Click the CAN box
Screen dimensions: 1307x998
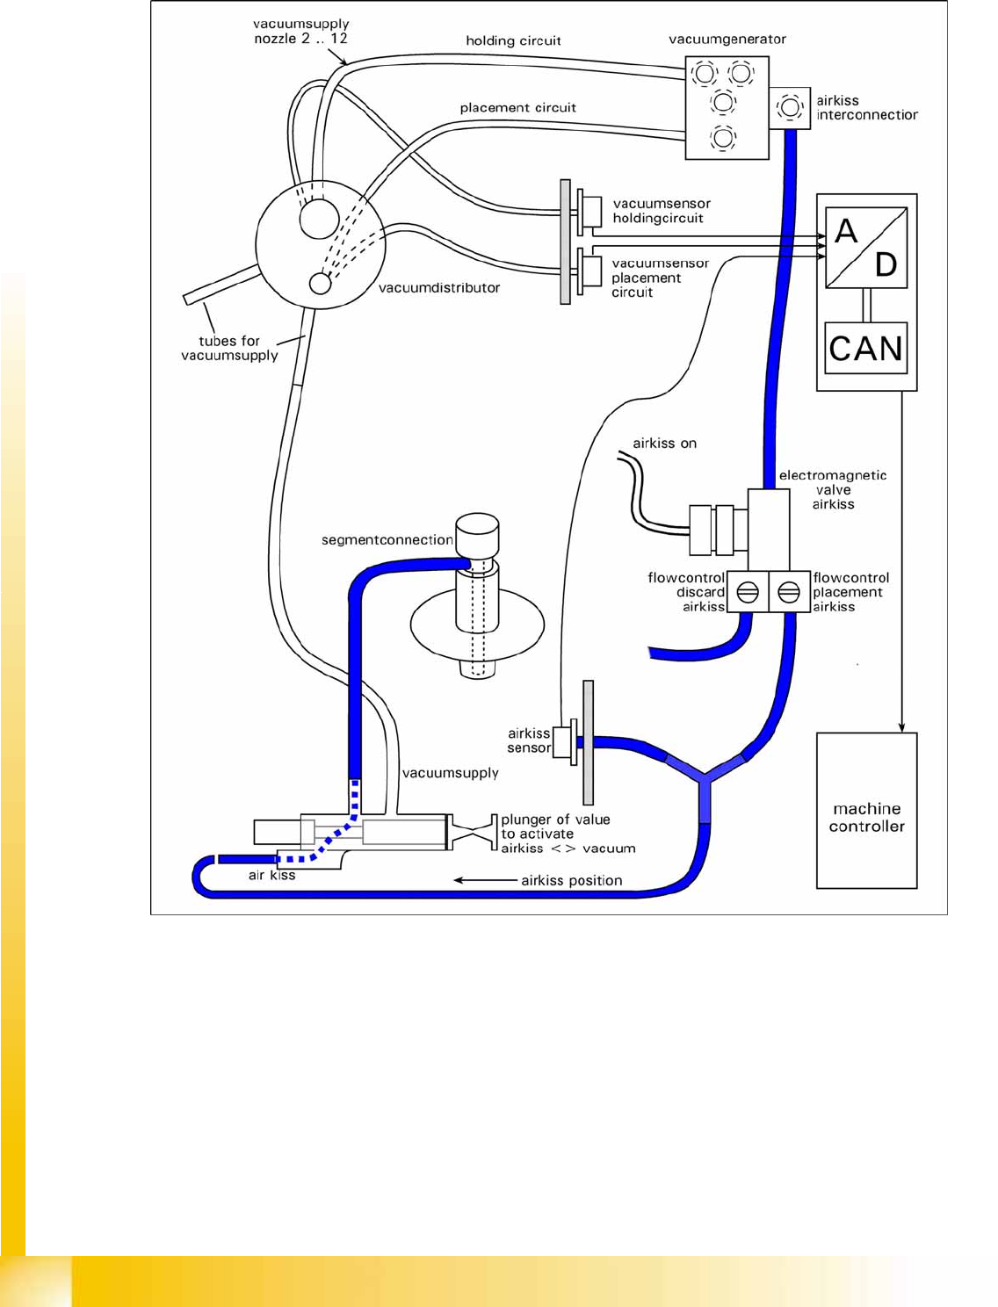(x=866, y=348)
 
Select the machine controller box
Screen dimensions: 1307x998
(x=866, y=811)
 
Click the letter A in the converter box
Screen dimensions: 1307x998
(x=845, y=232)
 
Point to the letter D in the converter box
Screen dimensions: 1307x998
(x=886, y=264)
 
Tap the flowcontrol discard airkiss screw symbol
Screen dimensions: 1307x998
(x=748, y=592)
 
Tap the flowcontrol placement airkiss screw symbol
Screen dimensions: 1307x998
(x=789, y=592)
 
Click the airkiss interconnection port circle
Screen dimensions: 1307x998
(x=790, y=108)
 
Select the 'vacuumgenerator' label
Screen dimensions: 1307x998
(x=727, y=40)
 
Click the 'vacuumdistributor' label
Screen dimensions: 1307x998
(x=438, y=288)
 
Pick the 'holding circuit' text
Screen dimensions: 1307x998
(x=513, y=40)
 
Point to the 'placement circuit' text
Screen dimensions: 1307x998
(x=517, y=108)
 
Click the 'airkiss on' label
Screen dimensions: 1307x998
(x=664, y=444)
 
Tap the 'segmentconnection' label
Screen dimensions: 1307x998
(x=387, y=540)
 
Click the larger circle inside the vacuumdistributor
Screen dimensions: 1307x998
(x=319, y=219)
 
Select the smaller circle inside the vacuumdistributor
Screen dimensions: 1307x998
(x=321, y=284)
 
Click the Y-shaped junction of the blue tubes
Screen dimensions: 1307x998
(x=705, y=776)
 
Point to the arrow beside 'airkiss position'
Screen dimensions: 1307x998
(x=484, y=880)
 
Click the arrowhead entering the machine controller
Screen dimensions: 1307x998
(x=901, y=727)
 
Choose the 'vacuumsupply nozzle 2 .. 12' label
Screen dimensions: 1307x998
(x=300, y=32)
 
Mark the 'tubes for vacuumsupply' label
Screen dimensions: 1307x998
(x=229, y=348)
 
